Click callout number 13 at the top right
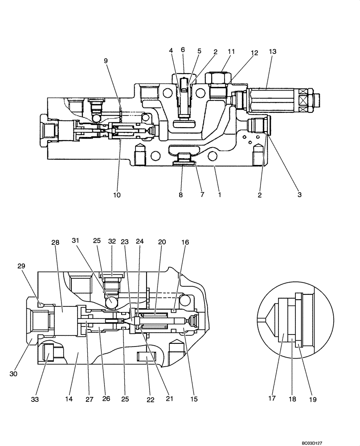273,52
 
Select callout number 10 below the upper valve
117,195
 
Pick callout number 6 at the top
183,50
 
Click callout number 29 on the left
21,265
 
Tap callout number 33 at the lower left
35,400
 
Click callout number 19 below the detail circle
312,400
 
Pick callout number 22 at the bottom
151,400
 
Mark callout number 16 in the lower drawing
184,241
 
